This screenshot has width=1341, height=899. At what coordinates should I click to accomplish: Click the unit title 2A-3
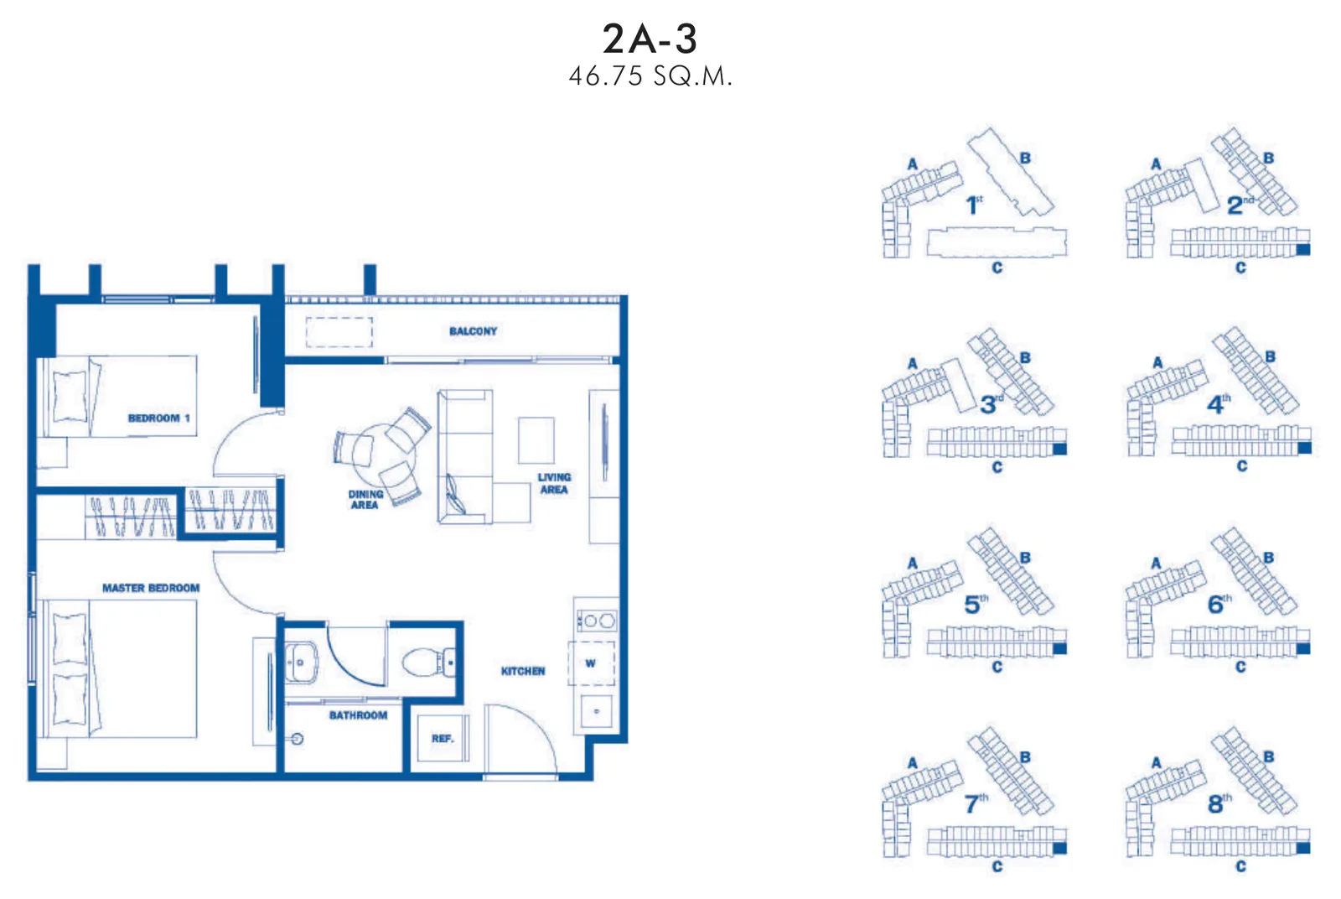point(650,39)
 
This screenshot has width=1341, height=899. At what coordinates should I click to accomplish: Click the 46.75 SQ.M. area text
point(650,76)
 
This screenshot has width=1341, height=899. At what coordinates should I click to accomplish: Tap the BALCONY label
point(473,331)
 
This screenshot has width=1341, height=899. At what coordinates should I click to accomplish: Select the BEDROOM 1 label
point(158,418)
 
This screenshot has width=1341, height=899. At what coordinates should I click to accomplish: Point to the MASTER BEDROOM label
point(151,588)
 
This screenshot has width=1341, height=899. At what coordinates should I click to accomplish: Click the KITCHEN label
point(523,672)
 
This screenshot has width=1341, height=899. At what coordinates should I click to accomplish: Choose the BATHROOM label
point(358,715)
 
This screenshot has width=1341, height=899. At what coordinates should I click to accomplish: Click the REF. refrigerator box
point(443,738)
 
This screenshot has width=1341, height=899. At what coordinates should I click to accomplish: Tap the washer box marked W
point(592,663)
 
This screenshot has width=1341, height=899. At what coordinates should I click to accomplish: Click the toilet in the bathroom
point(428,663)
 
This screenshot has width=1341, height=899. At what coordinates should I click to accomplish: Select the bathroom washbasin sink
point(301,663)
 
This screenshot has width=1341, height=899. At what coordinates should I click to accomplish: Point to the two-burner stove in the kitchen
point(597,621)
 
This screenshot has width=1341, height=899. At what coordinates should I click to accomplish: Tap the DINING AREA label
point(365,500)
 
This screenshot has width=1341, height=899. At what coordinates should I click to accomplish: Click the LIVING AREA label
point(554,483)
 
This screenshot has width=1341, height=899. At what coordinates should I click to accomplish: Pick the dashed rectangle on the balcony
point(339,332)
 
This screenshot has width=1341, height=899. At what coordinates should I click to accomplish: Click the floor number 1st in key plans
point(974,205)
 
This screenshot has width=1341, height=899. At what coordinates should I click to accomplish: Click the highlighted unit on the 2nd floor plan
point(1303,250)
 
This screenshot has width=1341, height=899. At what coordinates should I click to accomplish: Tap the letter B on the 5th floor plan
point(1026,558)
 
